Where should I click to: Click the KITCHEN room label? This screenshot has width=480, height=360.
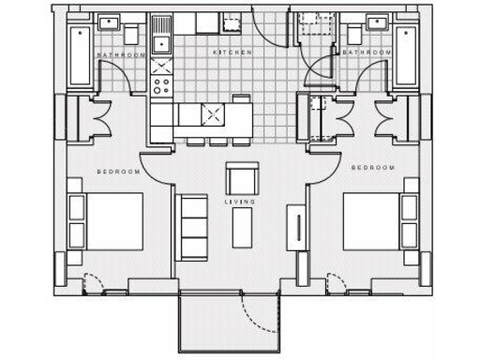coord(232,53)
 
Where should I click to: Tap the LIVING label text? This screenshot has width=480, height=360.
coord(235,202)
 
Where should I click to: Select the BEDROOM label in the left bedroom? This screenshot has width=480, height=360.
coord(119,172)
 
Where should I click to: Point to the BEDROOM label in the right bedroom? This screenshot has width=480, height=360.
coord(372,168)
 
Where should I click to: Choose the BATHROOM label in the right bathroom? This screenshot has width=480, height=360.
coord(365,53)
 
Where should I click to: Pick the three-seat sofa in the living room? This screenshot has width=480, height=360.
coord(193,226)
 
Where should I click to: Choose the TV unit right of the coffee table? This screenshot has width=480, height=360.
coord(297,230)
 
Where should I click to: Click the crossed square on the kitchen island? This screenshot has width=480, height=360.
coord(212,115)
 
